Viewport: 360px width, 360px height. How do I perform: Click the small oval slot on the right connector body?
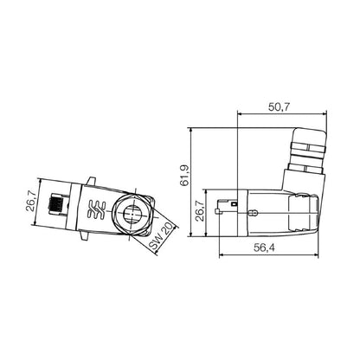257,210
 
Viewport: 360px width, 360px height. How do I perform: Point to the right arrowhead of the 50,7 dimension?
322,112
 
